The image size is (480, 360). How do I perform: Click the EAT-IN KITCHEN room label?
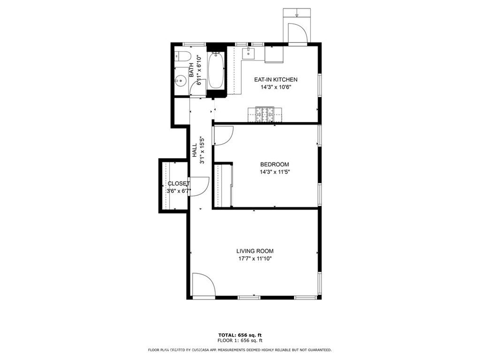coord(275,80)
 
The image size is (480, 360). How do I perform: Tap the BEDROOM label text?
coord(274,164)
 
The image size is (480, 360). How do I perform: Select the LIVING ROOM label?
coord(255,251)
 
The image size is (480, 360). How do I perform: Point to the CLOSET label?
coord(179,184)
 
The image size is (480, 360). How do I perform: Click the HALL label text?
coord(195,150)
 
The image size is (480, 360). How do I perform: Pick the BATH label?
coord(191,70)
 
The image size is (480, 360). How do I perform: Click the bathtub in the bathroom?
coord(216,70)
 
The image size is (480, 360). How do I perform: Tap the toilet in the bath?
coord(183,56)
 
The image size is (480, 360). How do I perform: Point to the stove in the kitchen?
coord(265,114)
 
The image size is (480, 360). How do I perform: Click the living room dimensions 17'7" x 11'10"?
coord(255,259)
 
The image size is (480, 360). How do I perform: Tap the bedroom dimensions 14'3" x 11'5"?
coord(274,172)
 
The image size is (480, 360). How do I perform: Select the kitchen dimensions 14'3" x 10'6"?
coord(275,87)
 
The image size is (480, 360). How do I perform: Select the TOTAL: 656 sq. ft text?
coord(240,335)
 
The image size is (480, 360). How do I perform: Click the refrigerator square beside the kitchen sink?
coord(274,54)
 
